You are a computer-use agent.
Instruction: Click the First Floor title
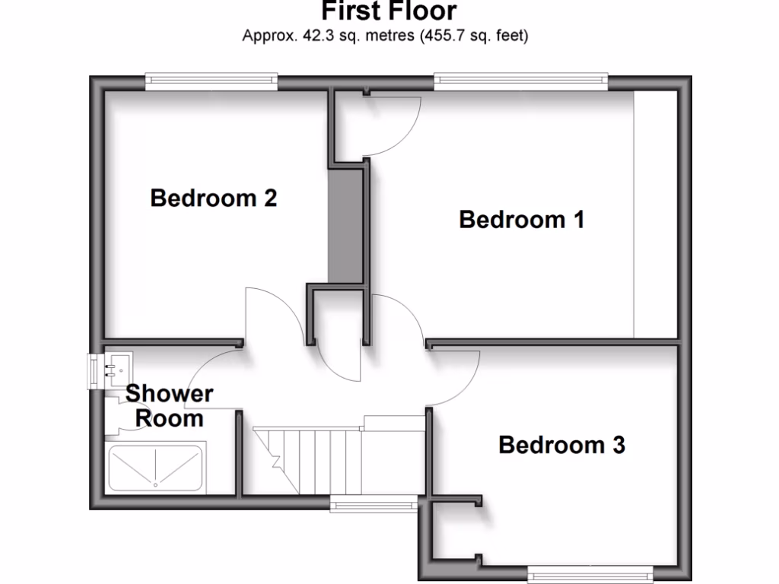click(x=389, y=11)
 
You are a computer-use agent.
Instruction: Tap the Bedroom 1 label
click(x=522, y=220)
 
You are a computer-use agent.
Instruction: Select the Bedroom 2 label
click(x=213, y=198)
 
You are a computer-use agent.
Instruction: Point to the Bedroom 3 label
click(x=561, y=444)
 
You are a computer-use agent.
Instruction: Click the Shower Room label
click(x=169, y=406)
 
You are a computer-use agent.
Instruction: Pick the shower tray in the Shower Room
click(x=155, y=467)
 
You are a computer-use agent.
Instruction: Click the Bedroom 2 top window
click(x=211, y=78)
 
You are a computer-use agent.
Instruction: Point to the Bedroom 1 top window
click(x=521, y=78)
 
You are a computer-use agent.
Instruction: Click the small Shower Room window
click(x=94, y=371)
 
